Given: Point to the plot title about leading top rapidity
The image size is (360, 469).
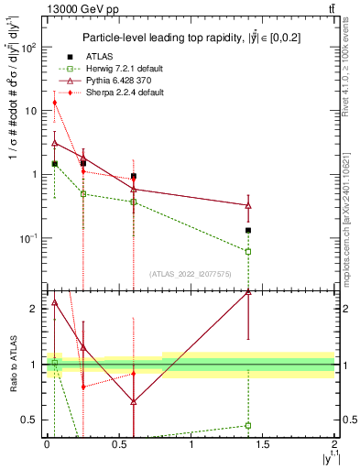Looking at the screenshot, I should (191, 38).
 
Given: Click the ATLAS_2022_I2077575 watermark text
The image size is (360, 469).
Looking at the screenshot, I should (190, 273).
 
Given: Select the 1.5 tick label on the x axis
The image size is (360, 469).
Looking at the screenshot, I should (263, 443).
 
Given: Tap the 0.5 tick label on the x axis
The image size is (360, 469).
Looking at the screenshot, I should (118, 443).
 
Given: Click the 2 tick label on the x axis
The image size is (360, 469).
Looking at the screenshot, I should (334, 443).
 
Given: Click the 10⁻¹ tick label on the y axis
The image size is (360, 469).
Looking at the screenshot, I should (32, 238).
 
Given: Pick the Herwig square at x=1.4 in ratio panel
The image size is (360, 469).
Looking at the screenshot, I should (248, 425).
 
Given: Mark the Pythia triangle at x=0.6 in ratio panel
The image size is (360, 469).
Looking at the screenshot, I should (134, 401).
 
